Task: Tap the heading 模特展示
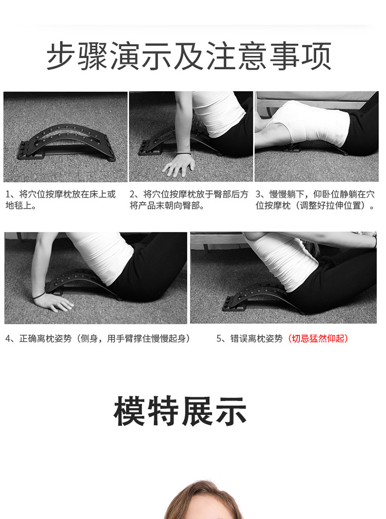click(x=180, y=411)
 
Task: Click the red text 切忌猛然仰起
click(x=318, y=339)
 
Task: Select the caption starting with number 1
click(x=60, y=200)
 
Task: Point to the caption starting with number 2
click(x=188, y=200)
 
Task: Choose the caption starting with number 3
click(x=315, y=200)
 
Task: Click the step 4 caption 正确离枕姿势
click(x=98, y=339)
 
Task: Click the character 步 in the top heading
click(x=61, y=56)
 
